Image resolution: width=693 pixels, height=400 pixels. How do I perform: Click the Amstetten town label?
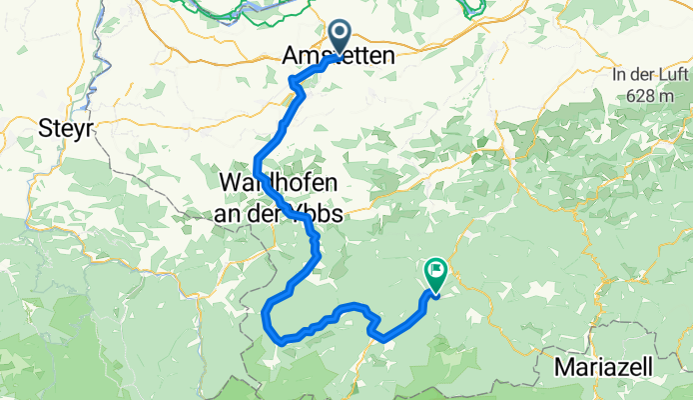point(333,59)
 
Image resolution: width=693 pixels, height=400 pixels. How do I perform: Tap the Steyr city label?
point(66,128)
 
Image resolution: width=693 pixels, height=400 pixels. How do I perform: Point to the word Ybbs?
point(315,214)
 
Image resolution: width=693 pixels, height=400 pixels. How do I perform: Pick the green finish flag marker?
point(436,271)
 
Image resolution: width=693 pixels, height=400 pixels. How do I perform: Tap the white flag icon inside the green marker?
point(436,268)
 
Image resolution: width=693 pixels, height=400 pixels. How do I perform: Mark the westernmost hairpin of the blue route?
point(265,314)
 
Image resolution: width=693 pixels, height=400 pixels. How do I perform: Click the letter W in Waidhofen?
point(228,184)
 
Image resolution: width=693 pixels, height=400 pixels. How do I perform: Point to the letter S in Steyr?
point(44,128)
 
